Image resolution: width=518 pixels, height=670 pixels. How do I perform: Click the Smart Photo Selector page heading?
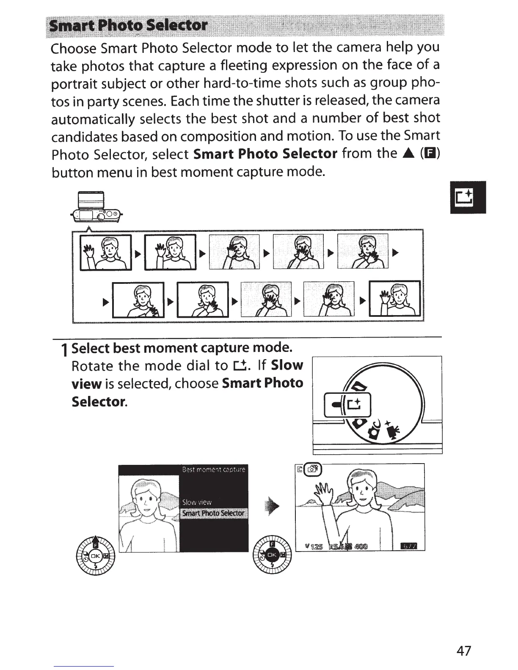(x=129, y=26)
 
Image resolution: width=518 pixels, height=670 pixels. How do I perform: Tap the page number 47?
(x=463, y=650)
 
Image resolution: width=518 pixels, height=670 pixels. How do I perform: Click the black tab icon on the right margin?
(x=468, y=197)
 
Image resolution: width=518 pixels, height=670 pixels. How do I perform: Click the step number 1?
(x=64, y=350)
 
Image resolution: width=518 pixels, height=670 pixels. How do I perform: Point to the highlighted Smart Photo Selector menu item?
(x=213, y=513)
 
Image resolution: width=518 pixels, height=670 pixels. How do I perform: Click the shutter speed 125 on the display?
(x=316, y=546)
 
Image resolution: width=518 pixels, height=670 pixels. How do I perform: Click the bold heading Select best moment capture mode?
(x=182, y=348)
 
